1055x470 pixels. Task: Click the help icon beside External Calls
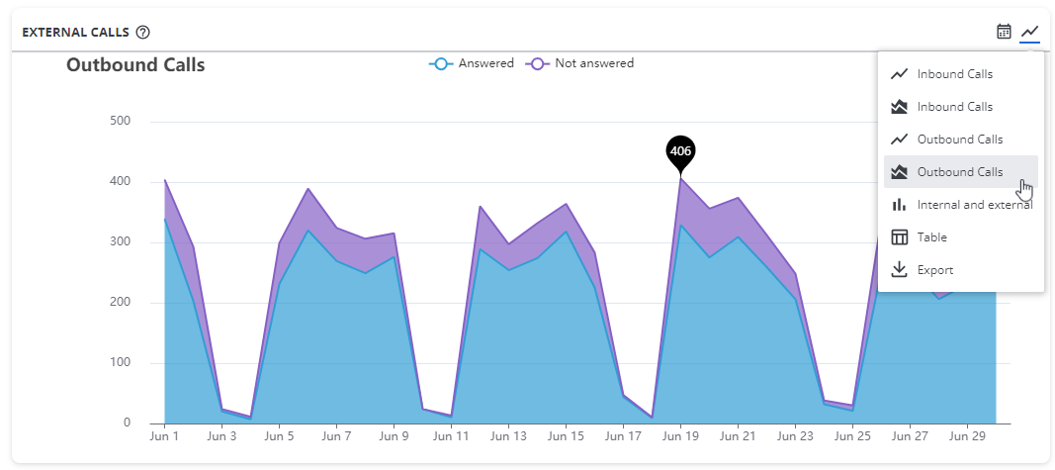(x=143, y=32)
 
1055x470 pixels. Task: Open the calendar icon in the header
(x=1004, y=32)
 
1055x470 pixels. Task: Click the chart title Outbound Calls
(x=135, y=65)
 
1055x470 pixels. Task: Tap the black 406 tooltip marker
(x=680, y=151)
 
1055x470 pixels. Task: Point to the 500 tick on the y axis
(x=120, y=122)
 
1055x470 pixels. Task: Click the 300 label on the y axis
(x=120, y=242)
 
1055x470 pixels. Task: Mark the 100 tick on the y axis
(x=120, y=363)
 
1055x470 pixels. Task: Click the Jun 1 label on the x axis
(x=164, y=435)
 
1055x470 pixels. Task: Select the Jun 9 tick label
(x=394, y=435)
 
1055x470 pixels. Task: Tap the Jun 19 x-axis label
(x=680, y=435)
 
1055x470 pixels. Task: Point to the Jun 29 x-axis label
(x=967, y=435)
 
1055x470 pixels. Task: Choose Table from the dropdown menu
(x=931, y=237)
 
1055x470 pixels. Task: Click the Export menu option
(x=935, y=270)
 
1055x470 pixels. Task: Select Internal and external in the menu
(x=974, y=205)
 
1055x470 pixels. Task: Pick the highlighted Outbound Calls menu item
(x=959, y=172)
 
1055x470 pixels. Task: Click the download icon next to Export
(x=899, y=270)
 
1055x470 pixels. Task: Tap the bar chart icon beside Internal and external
(x=899, y=205)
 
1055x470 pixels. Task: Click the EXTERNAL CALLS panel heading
(x=75, y=32)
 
